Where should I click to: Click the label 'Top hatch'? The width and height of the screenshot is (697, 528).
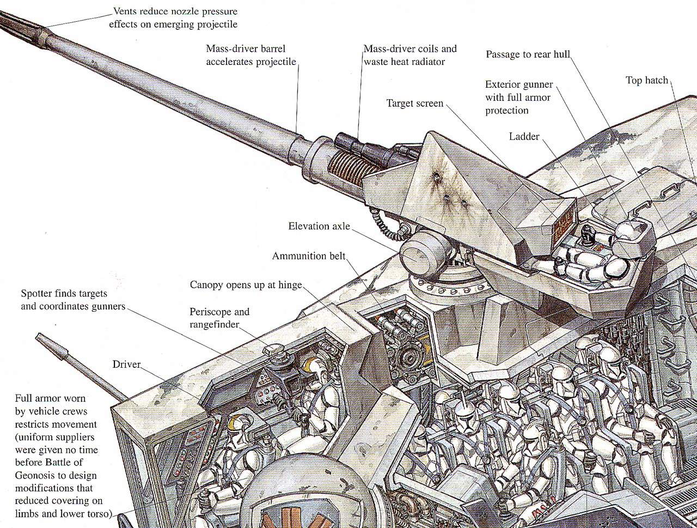(x=646, y=81)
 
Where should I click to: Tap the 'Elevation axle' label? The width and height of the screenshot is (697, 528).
(x=319, y=226)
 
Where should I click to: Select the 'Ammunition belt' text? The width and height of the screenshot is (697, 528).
(x=309, y=256)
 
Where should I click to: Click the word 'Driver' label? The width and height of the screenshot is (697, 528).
(x=126, y=364)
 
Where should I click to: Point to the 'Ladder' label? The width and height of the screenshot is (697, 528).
(x=524, y=136)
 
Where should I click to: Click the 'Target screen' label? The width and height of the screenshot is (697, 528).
(x=415, y=104)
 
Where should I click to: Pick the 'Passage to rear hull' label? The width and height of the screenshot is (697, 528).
(x=528, y=54)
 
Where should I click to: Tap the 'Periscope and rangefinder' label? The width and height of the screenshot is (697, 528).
(x=219, y=318)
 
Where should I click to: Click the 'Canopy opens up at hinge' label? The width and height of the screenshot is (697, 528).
(x=246, y=285)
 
